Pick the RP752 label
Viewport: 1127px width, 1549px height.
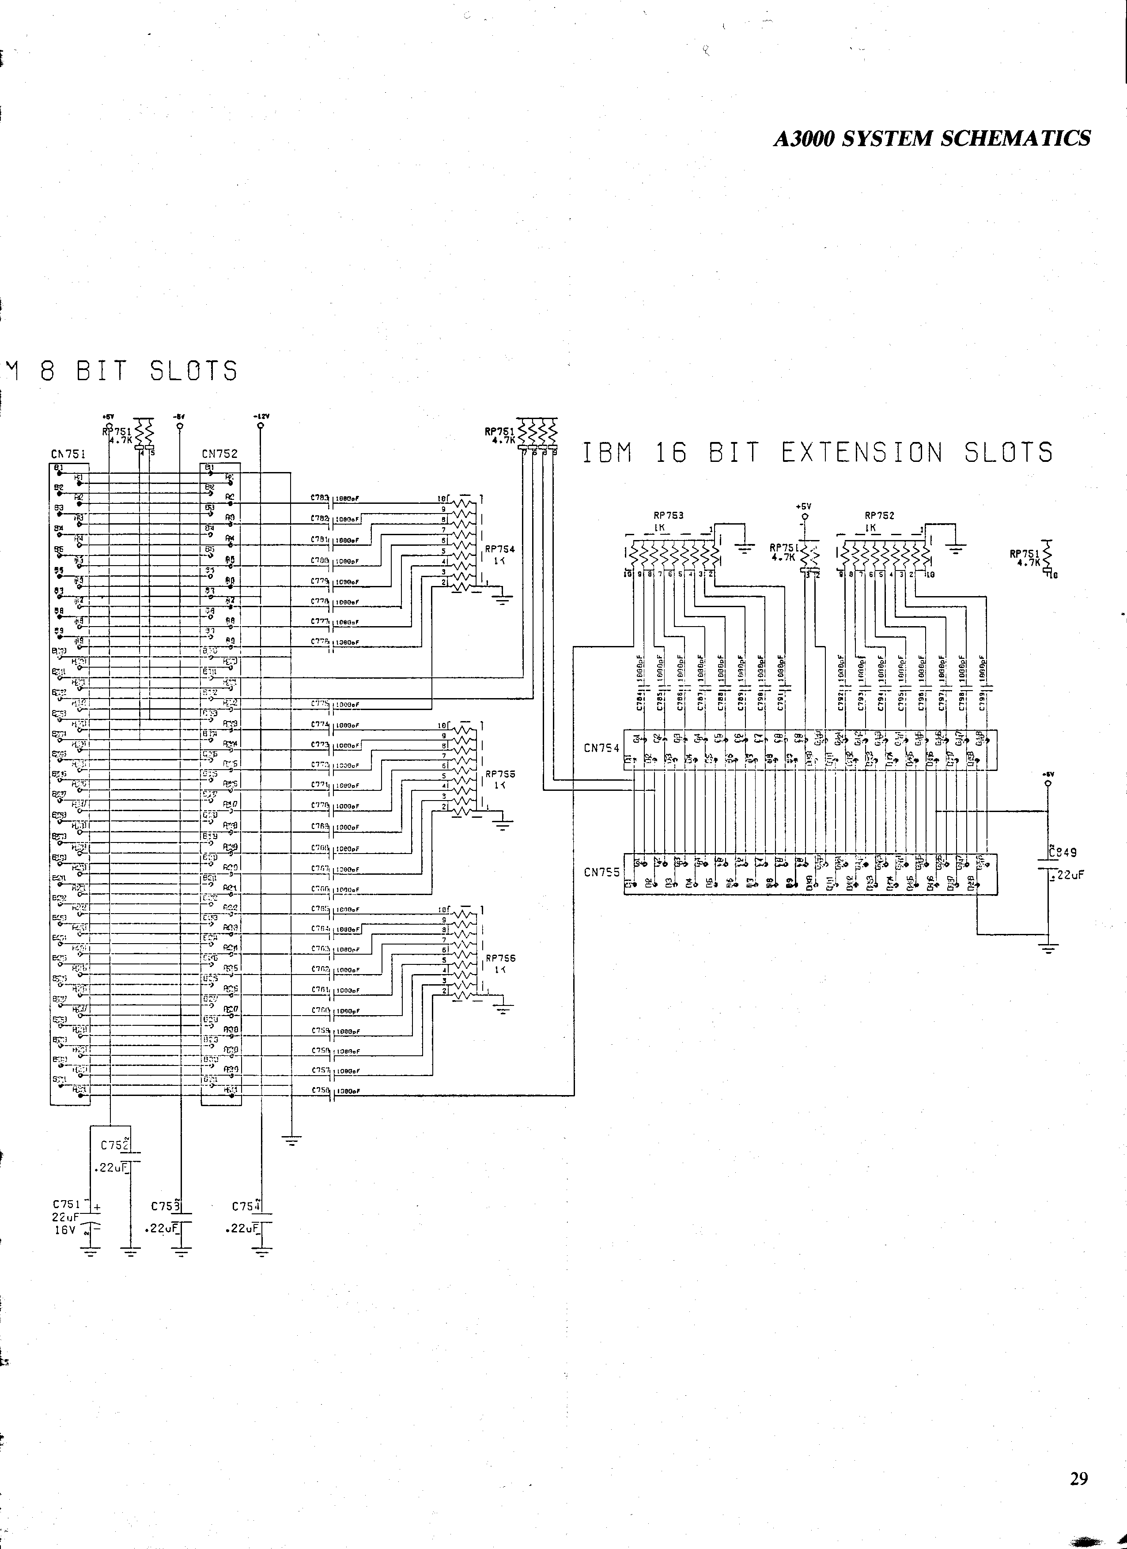click(880, 516)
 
